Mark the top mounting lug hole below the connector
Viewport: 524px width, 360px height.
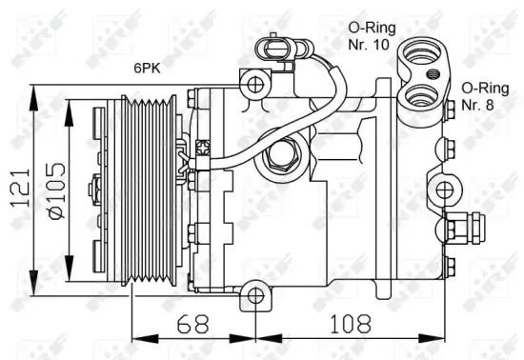(255, 86)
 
